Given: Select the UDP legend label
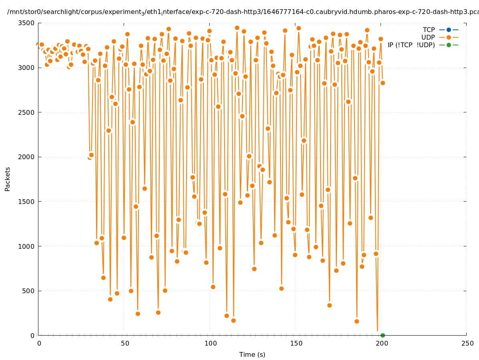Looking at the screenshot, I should pos(428,38).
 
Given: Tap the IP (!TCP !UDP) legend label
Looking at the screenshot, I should pos(411,45).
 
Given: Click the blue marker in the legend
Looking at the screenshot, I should pos(449,30).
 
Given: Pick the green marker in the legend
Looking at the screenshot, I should pos(449,45).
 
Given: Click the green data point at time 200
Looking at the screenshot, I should pos(383,335).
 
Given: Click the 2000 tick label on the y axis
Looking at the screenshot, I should pos(26,157).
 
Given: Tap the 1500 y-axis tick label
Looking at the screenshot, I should pos(26,202).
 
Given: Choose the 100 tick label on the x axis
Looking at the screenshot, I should pos(210,344).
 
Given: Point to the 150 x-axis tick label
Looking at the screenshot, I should pos(296,344).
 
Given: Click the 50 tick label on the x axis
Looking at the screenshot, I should pos(124,344).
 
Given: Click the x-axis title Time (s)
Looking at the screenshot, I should pos(252,355).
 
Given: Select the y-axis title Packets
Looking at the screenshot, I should pos(8,179).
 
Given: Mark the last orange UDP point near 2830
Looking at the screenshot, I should pos(383,83).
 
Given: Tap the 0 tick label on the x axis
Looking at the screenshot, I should pos(39,344).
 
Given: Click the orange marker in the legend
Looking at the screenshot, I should pos(449,38).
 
